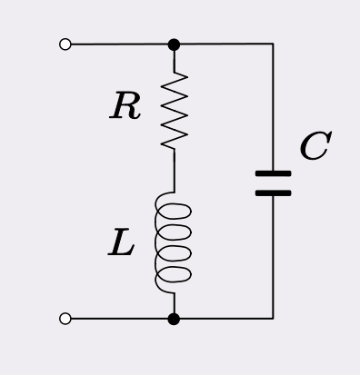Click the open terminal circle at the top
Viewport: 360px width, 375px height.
pyautogui.click(x=65, y=44)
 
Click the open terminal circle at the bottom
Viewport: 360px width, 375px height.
pyautogui.click(x=65, y=319)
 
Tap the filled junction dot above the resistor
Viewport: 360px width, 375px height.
pyautogui.click(x=174, y=44)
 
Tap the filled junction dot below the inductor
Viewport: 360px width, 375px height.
pyautogui.click(x=174, y=319)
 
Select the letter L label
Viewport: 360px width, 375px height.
pyautogui.click(x=121, y=243)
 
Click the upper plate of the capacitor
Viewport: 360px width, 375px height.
pyautogui.click(x=273, y=173)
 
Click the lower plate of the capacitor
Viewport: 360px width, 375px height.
pyautogui.click(x=273, y=192)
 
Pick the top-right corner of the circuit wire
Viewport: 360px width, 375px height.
pyautogui.click(x=273, y=44)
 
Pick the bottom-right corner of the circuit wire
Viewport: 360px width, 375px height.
pyautogui.click(x=273, y=319)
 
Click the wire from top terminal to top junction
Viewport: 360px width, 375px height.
pyautogui.click(x=118, y=44)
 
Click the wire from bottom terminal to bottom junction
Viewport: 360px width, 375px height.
pyautogui.click(x=118, y=319)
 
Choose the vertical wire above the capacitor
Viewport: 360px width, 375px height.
pyautogui.click(x=273, y=109)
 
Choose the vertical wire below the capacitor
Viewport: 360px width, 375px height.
pyautogui.click(x=273, y=259)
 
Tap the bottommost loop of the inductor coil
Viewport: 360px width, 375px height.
pyautogui.click(x=176, y=273)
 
